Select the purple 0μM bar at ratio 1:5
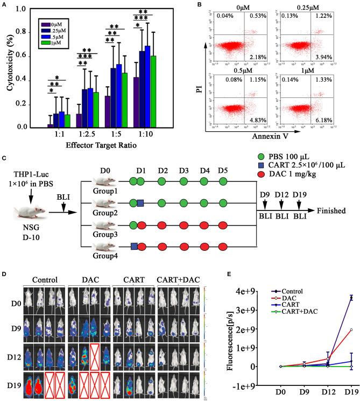108,112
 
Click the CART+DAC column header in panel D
175,280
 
